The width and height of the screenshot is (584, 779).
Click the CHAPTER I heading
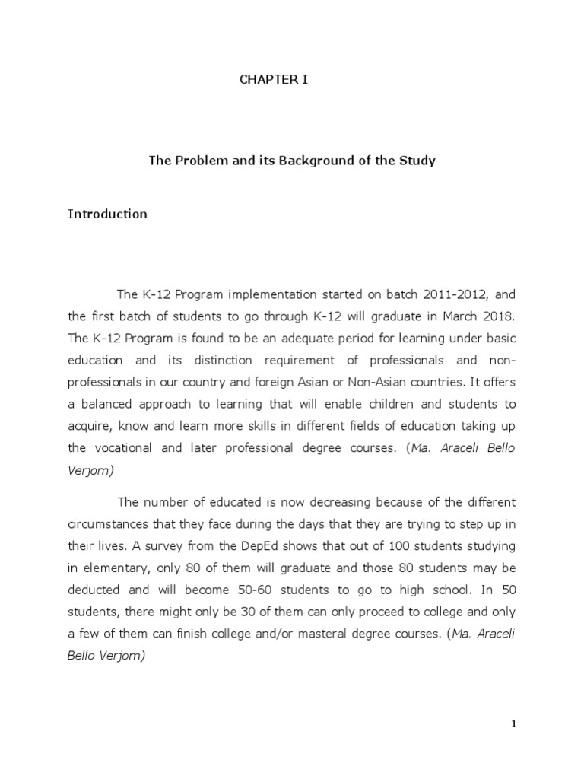click(x=274, y=79)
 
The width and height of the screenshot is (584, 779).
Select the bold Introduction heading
click(x=107, y=214)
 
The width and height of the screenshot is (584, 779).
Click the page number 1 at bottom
click(x=513, y=724)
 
